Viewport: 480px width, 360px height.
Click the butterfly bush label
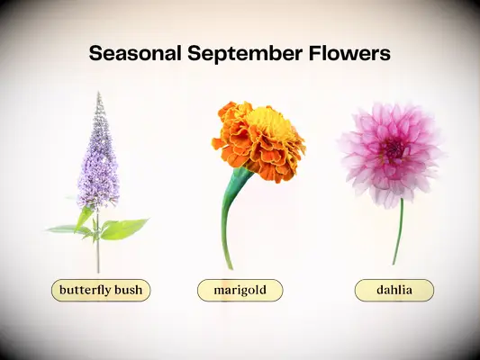(100, 291)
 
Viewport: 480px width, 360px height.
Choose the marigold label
(240, 291)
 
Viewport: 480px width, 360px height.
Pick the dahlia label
(394, 291)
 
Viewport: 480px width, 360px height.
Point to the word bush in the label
(128, 291)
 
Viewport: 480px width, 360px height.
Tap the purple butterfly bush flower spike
(98, 162)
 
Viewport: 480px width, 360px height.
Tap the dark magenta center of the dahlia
(394, 148)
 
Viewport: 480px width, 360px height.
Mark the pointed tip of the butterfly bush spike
(99, 94)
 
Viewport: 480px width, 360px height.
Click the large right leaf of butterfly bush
(124, 229)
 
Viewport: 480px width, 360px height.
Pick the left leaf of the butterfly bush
(68, 229)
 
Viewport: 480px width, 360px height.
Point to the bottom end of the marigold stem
(230, 267)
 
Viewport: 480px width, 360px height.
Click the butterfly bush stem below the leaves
(98, 256)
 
